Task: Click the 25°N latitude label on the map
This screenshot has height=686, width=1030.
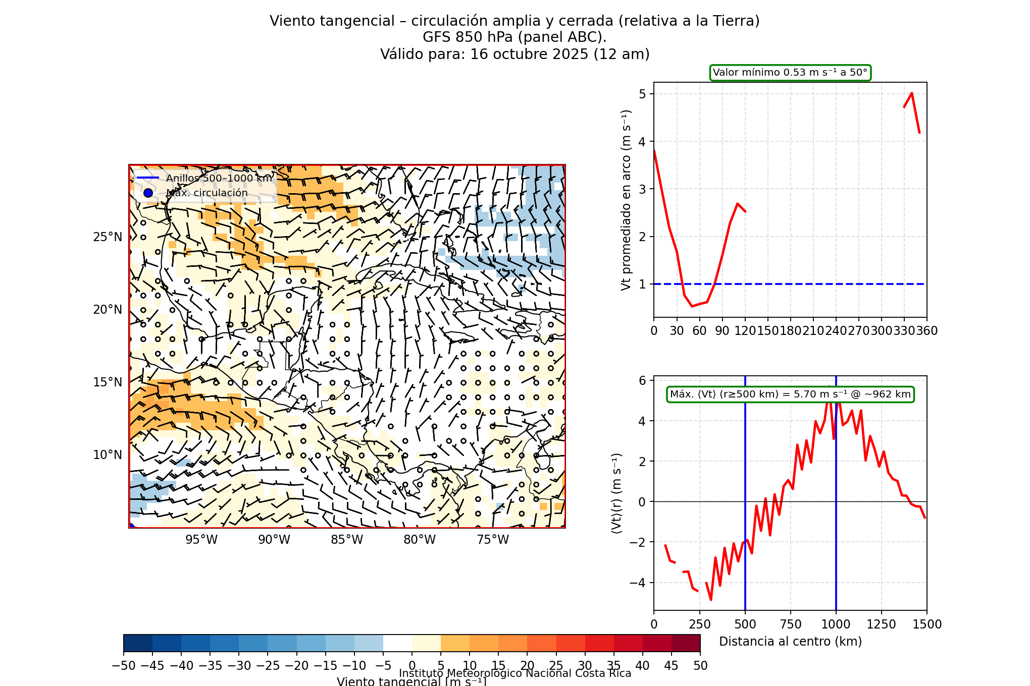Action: tap(108, 237)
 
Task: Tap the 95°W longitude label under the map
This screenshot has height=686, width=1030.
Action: tap(201, 540)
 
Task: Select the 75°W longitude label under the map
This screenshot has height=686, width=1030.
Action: tap(493, 540)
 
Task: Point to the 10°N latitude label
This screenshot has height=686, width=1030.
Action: tap(108, 455)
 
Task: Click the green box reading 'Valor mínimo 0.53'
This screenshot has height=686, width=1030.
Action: tap(790, 73)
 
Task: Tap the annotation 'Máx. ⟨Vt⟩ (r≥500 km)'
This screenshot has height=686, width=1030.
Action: tap(790, 394)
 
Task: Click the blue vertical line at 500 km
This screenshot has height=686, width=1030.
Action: tap(745, 504)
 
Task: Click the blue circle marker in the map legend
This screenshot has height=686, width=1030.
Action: tap(148, 193)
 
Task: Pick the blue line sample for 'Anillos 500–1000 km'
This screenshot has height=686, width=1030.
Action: tap(148, 178)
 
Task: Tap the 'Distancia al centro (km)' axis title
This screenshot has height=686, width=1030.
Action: tap(790, 642)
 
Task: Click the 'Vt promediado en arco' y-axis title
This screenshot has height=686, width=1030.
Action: tap(626, 200)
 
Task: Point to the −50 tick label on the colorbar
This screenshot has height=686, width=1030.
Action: tap(124, 666)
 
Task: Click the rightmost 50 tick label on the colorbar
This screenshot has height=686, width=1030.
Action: tap(700, 666)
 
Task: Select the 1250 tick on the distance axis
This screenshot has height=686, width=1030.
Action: tap(882, 624)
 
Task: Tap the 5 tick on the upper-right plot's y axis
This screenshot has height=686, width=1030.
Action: tap(642, 94)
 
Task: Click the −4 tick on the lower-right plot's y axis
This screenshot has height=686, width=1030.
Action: tap(638, 583)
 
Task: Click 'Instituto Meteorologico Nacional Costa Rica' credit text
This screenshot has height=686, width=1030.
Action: tap(515, 673)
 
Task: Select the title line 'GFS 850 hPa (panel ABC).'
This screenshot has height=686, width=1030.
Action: tap(514, 37)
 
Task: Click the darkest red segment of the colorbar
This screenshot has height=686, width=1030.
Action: tap(686, 643)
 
